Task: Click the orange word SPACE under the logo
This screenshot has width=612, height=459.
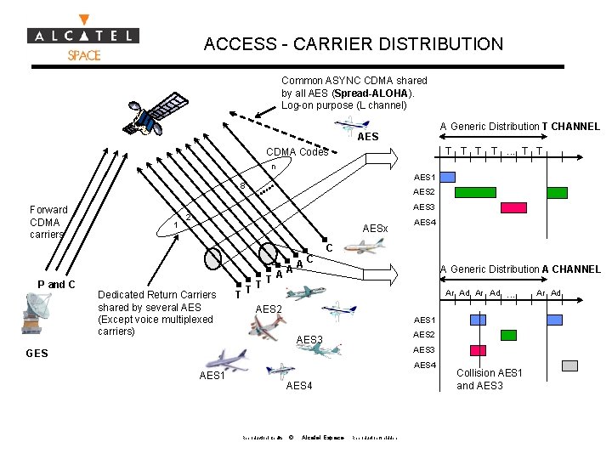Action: click(x=84, y=55)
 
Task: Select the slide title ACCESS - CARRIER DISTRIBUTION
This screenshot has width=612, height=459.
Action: click(x=354, y=44)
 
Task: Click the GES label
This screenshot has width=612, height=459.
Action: click(x=37, y=353)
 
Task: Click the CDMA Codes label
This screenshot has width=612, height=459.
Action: click(x=297, y=152)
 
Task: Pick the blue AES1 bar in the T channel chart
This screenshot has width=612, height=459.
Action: click(x=447, y=177)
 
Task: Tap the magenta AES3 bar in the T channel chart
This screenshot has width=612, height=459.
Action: click(x=513, y=207)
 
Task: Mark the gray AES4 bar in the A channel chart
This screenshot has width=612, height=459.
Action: click(x=569, y=365)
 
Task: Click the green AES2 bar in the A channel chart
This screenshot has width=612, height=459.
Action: click(x=508, y=335)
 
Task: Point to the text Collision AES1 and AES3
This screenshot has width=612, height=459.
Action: click(x=490, y=379)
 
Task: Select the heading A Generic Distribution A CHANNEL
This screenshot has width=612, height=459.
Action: click(x=519, y=269)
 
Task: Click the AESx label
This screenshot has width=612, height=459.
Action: click(x=375, y=229)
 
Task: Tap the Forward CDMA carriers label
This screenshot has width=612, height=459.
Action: click(x=48, y=222)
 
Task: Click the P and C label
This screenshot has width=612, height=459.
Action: click(x=57, y=284)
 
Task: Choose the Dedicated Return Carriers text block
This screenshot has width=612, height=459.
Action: click(x=157, y=313)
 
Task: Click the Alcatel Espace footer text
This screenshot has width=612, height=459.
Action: click(x=322, y=438)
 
